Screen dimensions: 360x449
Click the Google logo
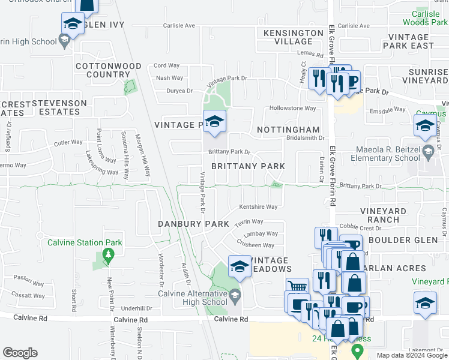click(x=20, y=353)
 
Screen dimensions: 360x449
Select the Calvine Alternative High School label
click(x=192, y=298)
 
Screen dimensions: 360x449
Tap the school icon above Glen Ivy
click(x=73, y=25)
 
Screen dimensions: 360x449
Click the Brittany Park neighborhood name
click(x=247, y=166)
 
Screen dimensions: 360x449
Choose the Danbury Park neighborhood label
click(x=193, y=224)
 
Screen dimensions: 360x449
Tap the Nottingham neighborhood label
click(x=288, y=130)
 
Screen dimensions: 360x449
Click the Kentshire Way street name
click(x=258, y=207)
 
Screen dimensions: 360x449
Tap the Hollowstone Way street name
click(x=292, y=109)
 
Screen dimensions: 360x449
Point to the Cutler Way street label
click(x=68, y=143)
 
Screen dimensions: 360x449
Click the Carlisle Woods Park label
click(x=429, y=17)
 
